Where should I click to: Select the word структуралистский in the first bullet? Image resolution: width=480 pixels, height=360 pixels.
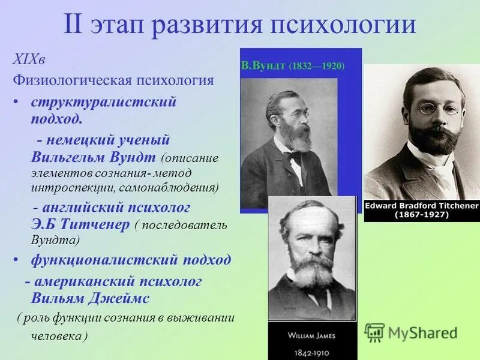click(x=103, y=101)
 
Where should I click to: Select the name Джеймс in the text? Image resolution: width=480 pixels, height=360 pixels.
click(x=121, y=298)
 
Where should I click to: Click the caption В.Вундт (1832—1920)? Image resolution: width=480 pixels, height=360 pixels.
click(x=292, y=65)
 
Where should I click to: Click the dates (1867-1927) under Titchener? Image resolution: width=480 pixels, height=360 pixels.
click(x=422, y=215)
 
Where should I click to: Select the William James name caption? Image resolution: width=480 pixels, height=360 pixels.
click(x=312, y=335)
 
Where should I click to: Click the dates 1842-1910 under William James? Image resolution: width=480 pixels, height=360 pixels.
click(x=312, y=352)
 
